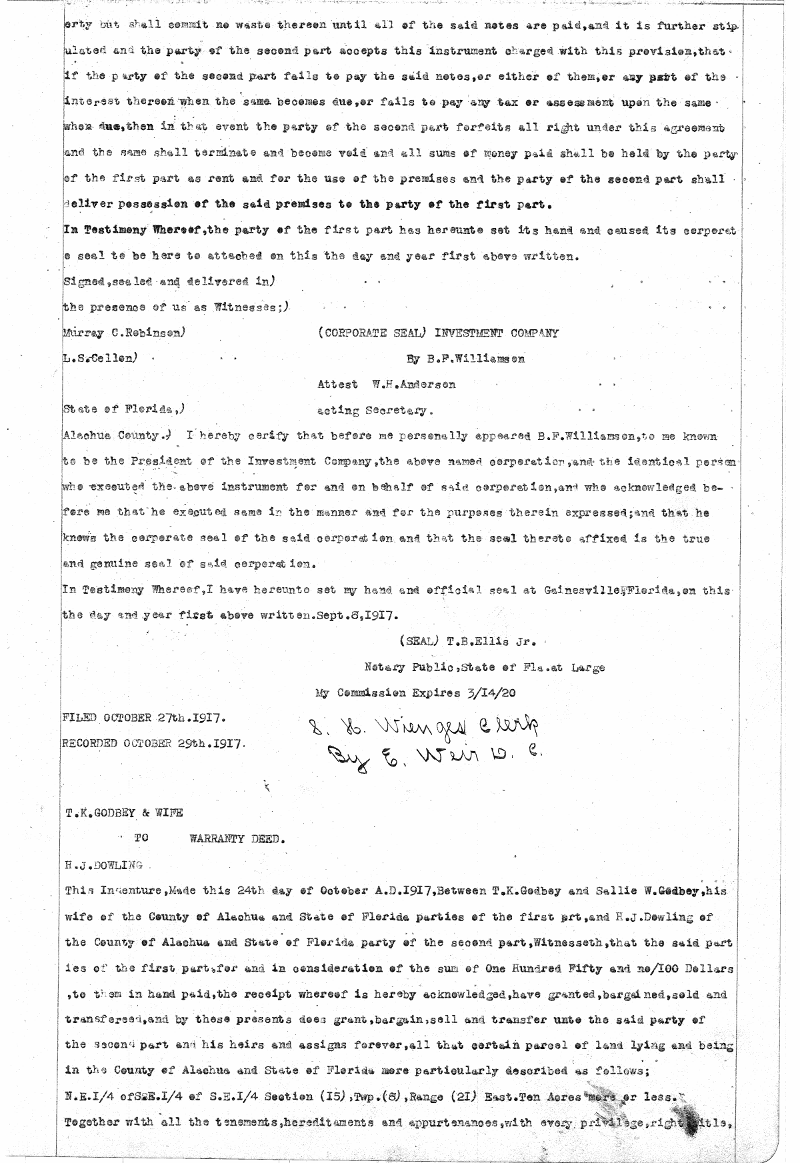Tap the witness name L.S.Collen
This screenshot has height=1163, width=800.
click(x=100, y=358)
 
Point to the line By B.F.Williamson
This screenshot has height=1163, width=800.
click(x=465, y=359)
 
